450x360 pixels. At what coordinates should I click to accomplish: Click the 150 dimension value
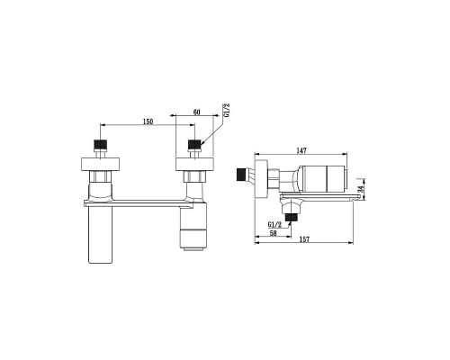tap(148, 121)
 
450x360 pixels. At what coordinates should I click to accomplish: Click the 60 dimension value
tap(196, 112)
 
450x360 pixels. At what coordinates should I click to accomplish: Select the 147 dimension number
tap(301, 150)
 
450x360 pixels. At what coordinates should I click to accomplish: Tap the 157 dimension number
tap(304, 239)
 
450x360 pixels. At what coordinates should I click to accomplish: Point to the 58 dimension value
tap(273, 233)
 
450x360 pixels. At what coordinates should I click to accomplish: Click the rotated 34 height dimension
tap(361, 189)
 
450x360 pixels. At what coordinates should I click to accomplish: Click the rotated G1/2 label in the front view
tap(227, 110)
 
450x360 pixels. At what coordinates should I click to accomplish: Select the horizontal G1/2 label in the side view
tap(274, 224)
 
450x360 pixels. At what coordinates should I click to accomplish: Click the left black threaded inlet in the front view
tap(101, 144)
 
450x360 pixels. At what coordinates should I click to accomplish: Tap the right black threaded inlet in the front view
tap(194, 144)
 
